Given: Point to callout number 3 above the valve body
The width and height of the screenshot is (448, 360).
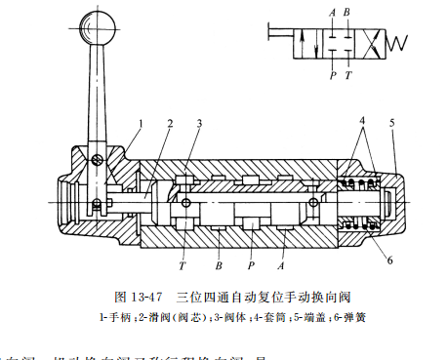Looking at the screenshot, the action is pyautogui.click(x=199, y=124).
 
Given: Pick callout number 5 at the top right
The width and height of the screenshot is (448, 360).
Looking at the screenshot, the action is pyautogui.click(x=392, y=123).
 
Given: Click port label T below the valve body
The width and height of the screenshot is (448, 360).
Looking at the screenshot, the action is pyautogui.click(x=183, y=263).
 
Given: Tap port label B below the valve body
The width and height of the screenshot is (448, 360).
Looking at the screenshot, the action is pyautogui.click(x=218, y=264).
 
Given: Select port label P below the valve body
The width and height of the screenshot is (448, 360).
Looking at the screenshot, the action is pyautogui.click(x=252, y=263).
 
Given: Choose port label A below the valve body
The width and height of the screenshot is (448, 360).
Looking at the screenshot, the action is pyautogui.click(x=283, y=263).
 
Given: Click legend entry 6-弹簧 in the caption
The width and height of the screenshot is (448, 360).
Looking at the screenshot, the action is pyautogui.click(x=354, y=316).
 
